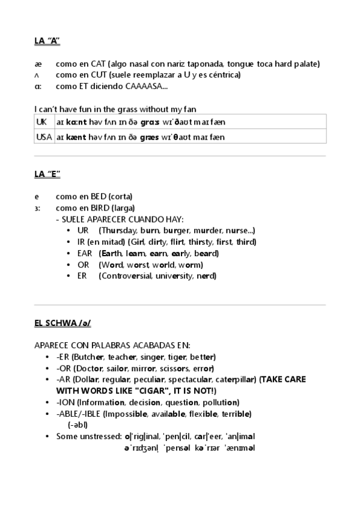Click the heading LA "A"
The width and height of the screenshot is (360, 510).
tap(47, 41)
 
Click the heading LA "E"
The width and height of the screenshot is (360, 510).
tap(47, 174)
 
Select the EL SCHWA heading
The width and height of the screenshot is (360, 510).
tap(63, 323)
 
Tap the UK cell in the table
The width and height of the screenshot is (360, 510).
tap(41, 121)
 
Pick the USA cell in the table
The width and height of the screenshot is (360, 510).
tap(44, 137)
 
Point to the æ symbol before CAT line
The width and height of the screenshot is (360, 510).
tap(37, 64)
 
